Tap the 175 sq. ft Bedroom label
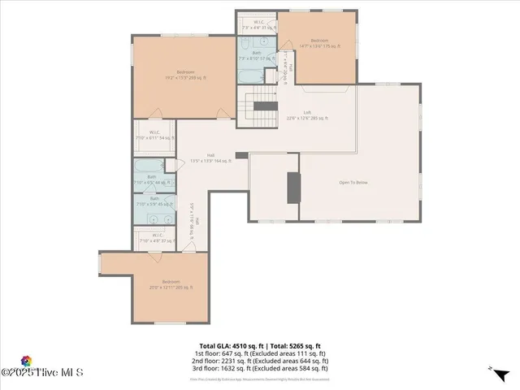(318, 44)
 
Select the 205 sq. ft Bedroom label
(171, 284)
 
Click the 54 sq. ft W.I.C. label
(154, 136)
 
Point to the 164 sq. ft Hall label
(210, 158)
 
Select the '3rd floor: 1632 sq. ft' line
(260, 370)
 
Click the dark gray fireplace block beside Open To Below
(293, 188)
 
